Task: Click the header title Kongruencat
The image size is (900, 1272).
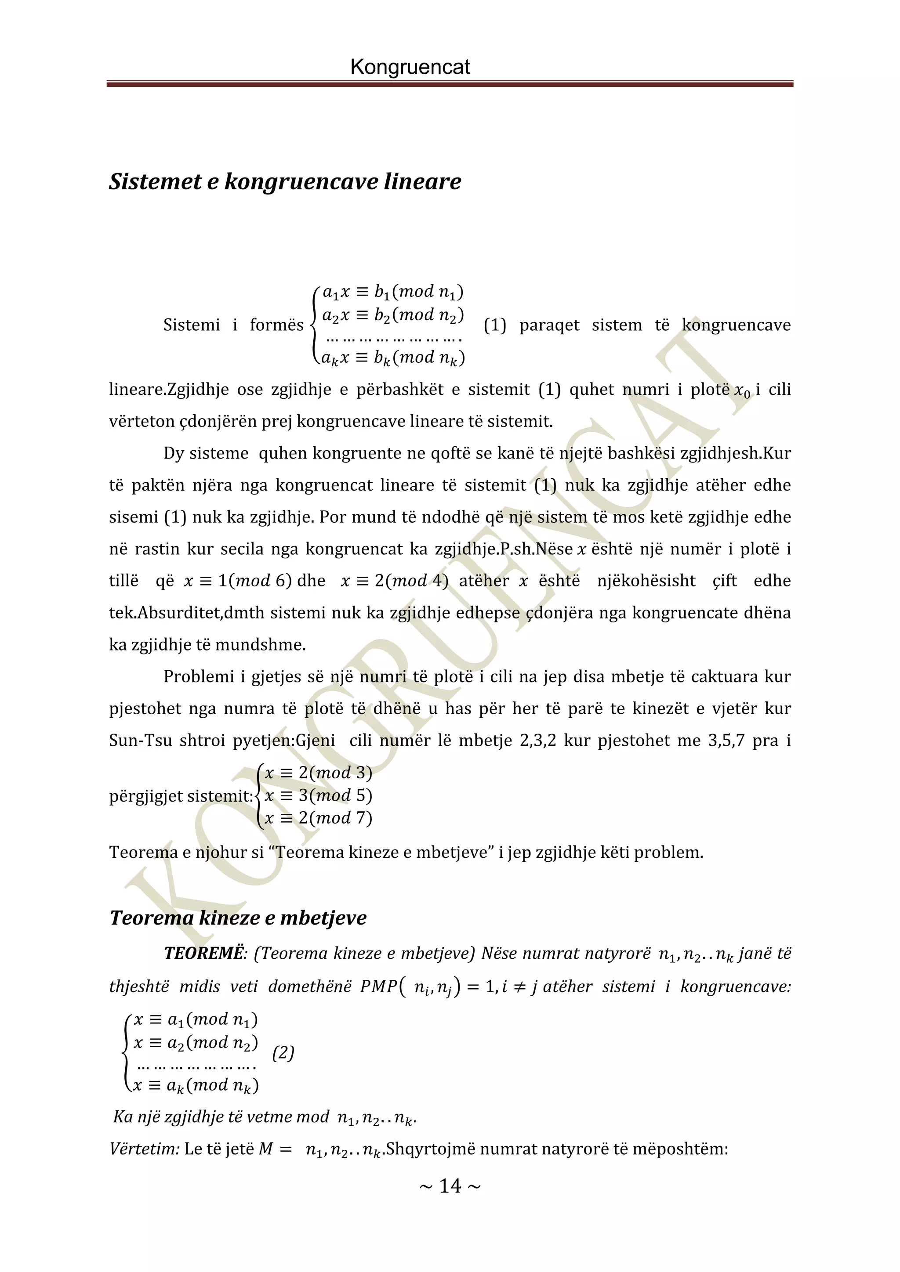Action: click(410, 67)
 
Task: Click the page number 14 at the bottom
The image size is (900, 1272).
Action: click(450, 1185)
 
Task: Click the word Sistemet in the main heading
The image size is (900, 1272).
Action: click(155, 181)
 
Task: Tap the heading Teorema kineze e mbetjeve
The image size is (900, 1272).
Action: click(238, 918)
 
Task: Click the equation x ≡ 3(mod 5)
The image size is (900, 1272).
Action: click(318, 795)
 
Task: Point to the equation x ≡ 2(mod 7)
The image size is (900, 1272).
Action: click(318, 818)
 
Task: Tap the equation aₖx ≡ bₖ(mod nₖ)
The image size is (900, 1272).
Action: click(392, 358)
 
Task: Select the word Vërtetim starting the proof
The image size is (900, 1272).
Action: click(144, 1149)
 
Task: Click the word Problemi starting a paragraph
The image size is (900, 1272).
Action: click(198, 676)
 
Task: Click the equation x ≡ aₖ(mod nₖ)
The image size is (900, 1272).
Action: click(196, 1085)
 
